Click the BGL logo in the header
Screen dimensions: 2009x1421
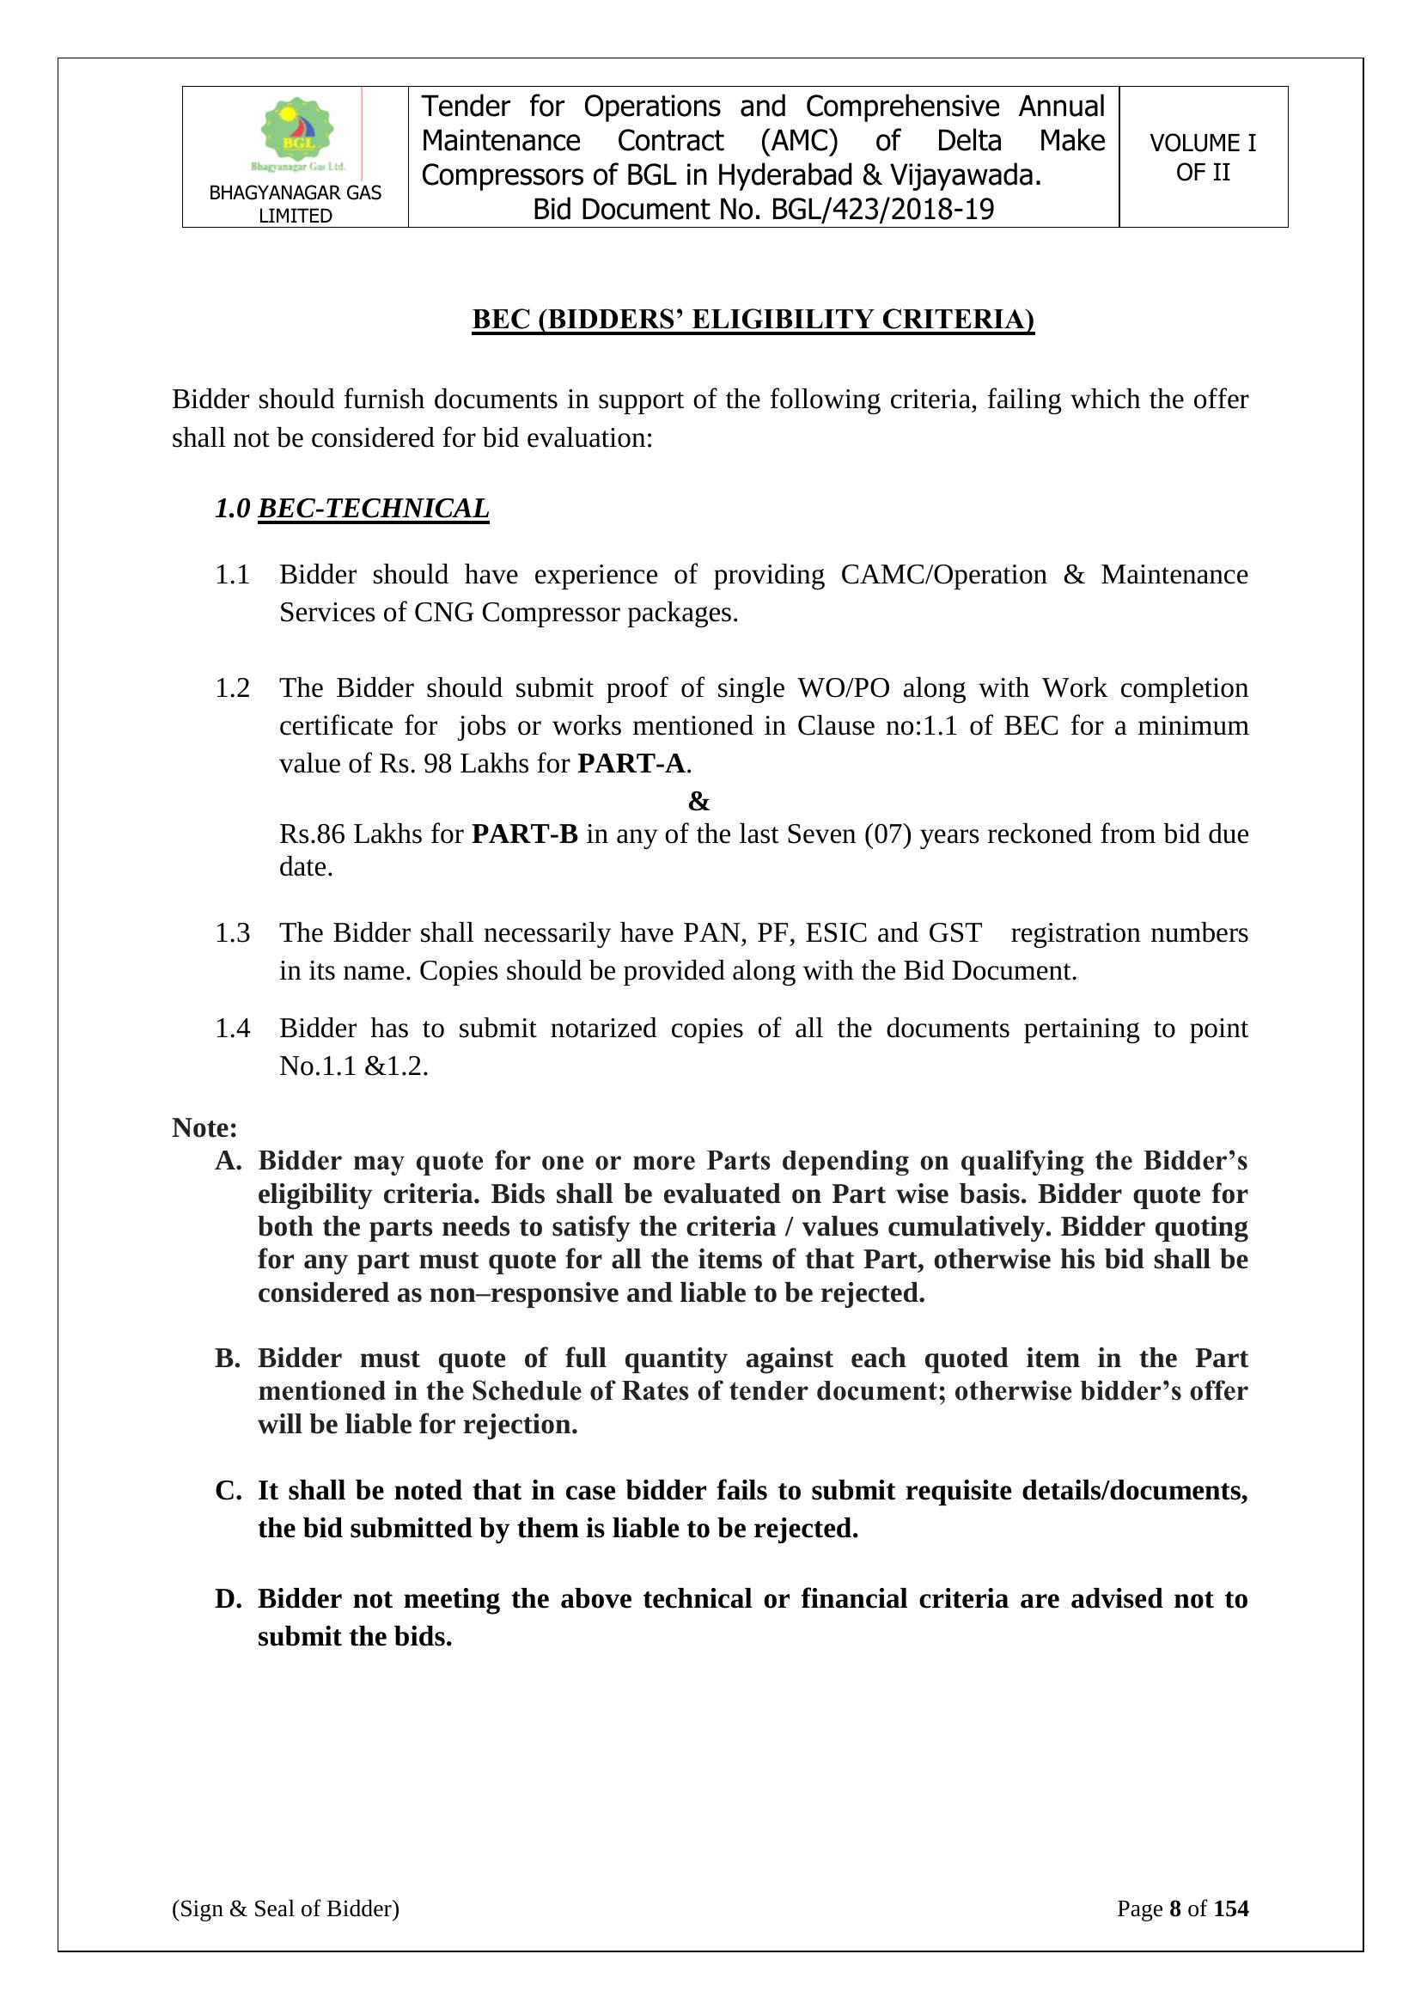pos(296,133)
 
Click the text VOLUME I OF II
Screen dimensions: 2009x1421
pos(1202,157)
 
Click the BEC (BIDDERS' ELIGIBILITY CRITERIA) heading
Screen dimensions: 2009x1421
pos(753,320)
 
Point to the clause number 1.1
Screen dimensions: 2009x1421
pos(232,575)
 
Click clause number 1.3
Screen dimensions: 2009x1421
pos(232,933)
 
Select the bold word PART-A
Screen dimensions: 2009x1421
pos(631,764)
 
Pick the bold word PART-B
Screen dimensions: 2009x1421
pos(524,834)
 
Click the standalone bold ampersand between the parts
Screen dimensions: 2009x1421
pos(698,801)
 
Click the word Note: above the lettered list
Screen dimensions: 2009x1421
pos(204,1128)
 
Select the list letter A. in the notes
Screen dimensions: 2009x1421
pos(228,1161)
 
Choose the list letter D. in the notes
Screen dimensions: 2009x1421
pos(228,1598)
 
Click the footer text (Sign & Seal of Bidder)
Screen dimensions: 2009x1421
pos(285,1908)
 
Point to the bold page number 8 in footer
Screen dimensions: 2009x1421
pos(1175,1908)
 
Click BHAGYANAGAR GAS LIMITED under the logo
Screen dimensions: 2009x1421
pos(295,204)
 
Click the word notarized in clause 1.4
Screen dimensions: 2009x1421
pos(603,1028)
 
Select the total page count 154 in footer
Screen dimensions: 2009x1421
pos(1231,1908)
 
